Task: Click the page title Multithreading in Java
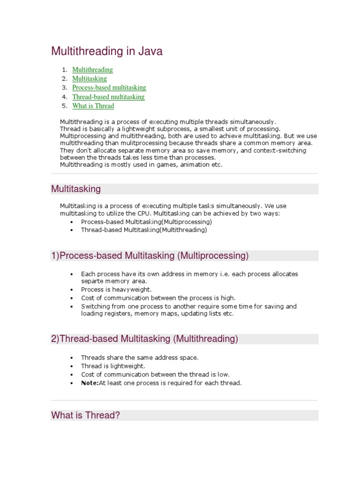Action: click(x=107, y=51)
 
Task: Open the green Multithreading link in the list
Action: click(x=92, y=70)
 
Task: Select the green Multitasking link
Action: click(x=90, y=79)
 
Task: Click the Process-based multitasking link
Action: click(x=109, y=87)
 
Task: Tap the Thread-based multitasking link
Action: click(x=108, y=97)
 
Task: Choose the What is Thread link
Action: click(x=93, y=106)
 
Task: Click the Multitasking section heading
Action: click(x=76, y=189)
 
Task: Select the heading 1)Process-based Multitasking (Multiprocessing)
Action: click(x=150, y=255)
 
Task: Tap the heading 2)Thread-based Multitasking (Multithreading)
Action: click(x=144, y=339)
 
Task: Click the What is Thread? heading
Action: click(x=86, y=415)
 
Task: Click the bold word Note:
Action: click(x=90, y=383)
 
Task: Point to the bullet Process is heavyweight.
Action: click(x=116, y=290)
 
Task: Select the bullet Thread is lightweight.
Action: click(x=113, y=366)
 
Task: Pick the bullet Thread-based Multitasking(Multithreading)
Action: click(x=143, y=230)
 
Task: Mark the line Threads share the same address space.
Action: click(x=140, y=357)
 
